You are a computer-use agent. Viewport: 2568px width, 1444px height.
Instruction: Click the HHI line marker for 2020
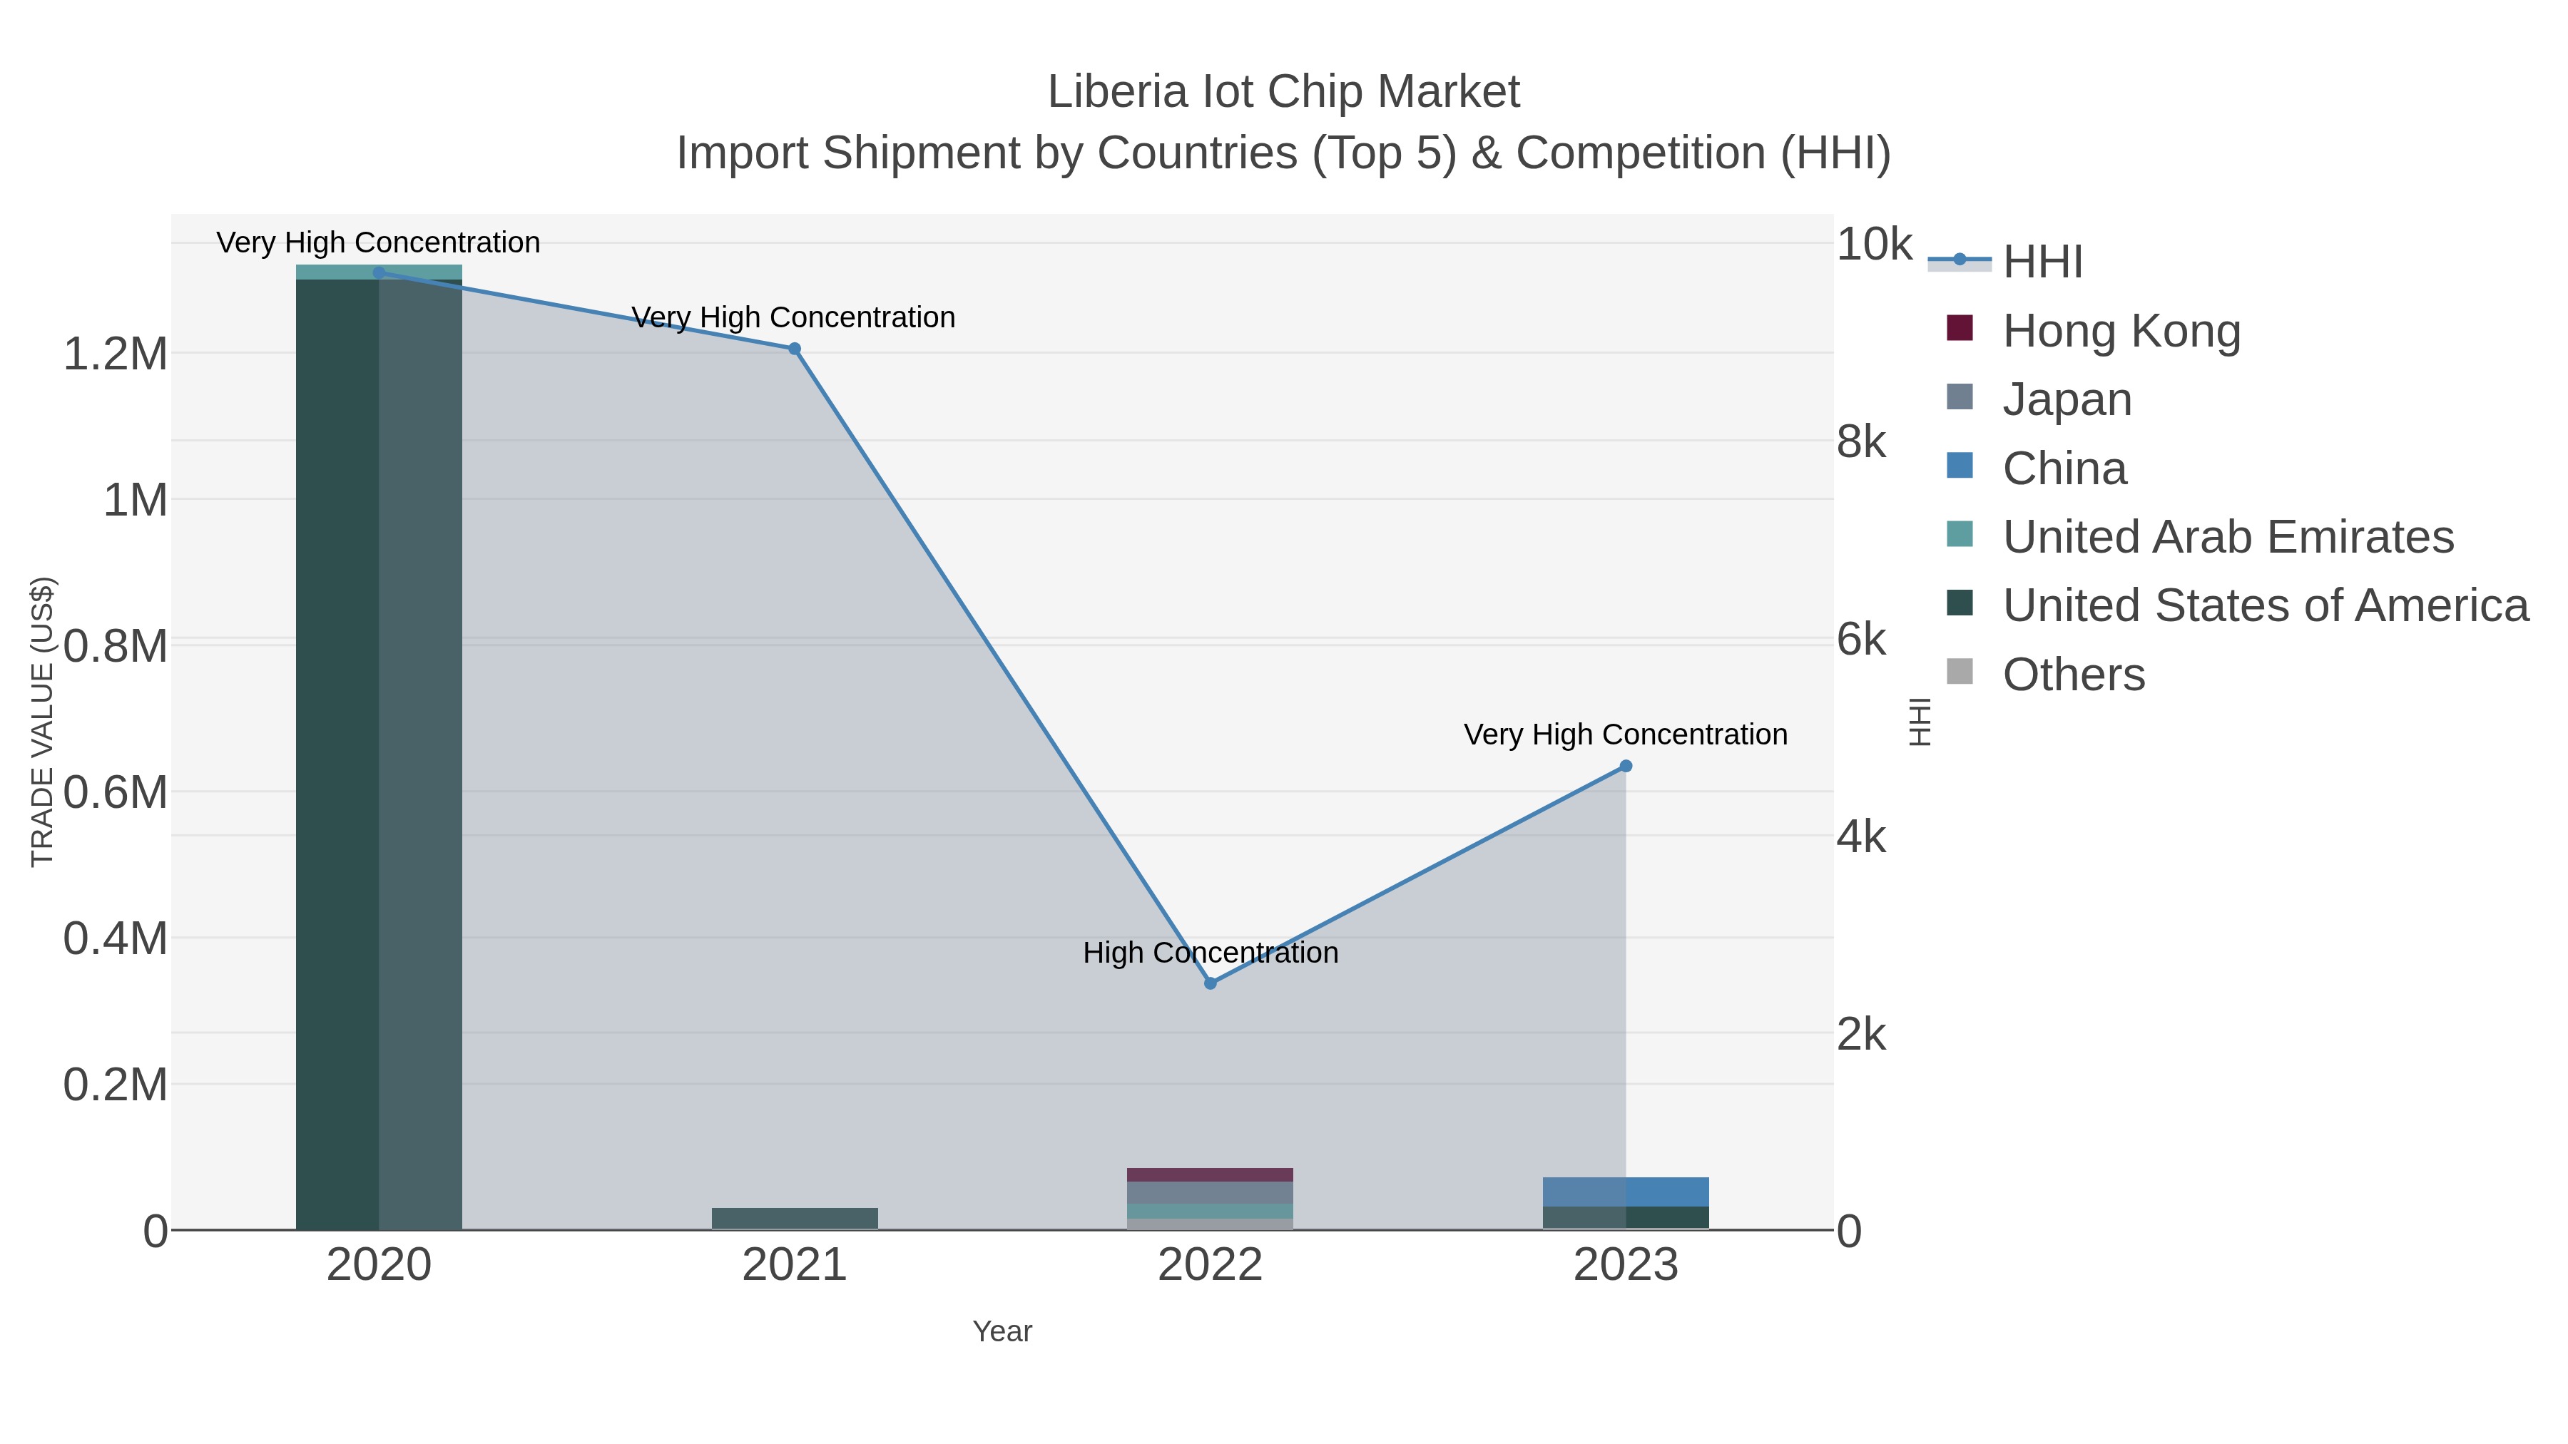tap(379, 272)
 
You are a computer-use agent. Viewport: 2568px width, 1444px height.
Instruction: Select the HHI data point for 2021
tap(795, 349)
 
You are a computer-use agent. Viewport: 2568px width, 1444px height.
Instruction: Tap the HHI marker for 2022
tap(1211, 983)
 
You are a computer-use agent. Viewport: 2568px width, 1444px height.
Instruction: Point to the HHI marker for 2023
tap(1626, 767)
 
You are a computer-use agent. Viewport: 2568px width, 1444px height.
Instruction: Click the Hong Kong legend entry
tap(2121, 331)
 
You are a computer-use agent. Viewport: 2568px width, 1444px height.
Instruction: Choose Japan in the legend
tap(2067, 399)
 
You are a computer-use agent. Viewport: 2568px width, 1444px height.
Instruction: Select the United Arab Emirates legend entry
tap(2227, 537)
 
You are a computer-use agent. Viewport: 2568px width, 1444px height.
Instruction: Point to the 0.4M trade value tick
tap(116, 938)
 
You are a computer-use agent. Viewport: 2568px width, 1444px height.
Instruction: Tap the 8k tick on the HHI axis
tap(1860, 441)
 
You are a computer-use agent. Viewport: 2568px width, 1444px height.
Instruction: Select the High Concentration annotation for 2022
tap(1211, 953)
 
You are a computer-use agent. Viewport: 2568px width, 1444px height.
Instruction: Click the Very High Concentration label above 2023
tap(1625, 734)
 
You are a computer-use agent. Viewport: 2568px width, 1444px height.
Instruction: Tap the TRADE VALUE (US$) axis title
tap(43, 722)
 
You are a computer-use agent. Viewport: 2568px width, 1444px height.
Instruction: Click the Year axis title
tap(1002, 1331)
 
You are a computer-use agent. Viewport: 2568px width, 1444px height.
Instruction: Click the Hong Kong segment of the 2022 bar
tap(1211, 1175)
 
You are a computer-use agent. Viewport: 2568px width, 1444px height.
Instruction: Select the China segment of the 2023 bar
tap(1626, 1192)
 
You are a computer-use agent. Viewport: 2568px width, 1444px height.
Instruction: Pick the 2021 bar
tap(795, 1219)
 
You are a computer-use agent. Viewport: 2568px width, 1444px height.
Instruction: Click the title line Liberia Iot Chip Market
tap(1283, 92)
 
